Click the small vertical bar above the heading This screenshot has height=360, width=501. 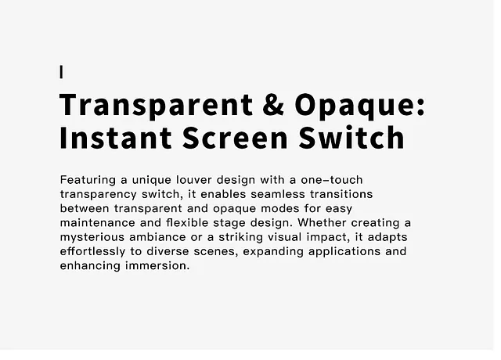point(61,72)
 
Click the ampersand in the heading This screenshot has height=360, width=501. point(273,104)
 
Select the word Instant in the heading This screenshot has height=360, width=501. point(116,138)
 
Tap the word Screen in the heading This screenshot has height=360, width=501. point(235,138)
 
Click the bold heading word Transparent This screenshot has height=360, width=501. point(157,107)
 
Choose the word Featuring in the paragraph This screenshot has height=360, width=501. point(88,181)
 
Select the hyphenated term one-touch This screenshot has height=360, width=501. point(332,180)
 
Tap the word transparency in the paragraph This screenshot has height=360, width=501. point(98,195)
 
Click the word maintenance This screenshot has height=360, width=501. point(97,222)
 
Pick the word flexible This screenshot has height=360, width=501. point(187,222)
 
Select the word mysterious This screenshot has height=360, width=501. point(92,238)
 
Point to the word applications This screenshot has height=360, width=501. point(344,252)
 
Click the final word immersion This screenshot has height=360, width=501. point(157,266)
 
